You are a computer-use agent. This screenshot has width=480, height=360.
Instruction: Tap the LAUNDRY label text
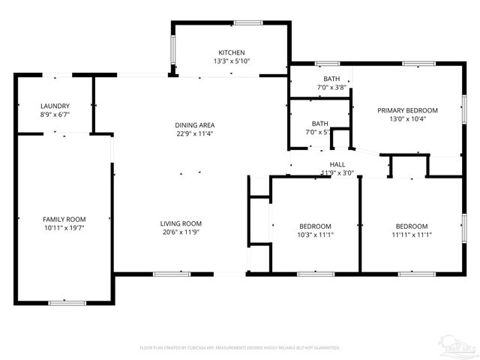(55, 106)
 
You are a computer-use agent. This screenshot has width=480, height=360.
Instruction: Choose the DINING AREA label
(195, 125)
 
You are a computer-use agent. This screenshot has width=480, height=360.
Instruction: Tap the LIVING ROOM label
(181, 223)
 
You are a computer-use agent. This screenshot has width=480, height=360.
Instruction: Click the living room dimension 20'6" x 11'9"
(181, 232)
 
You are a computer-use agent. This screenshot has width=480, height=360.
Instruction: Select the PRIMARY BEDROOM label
(407, 110)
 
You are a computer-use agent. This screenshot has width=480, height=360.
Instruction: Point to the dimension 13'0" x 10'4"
(407, 119)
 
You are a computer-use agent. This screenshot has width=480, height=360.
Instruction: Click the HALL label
(337, 164)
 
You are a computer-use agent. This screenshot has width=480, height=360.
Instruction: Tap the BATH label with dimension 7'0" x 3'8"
(331, 79)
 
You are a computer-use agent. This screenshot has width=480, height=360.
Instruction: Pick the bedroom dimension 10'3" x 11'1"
(316, 235)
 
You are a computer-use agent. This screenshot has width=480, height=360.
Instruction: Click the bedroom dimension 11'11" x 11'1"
(412, 235)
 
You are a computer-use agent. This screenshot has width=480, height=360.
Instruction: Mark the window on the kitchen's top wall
(247, 23)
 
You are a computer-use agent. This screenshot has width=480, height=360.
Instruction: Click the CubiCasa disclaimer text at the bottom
(240, 348)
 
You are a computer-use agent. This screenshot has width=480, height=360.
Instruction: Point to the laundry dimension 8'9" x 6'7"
(55, 115)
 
